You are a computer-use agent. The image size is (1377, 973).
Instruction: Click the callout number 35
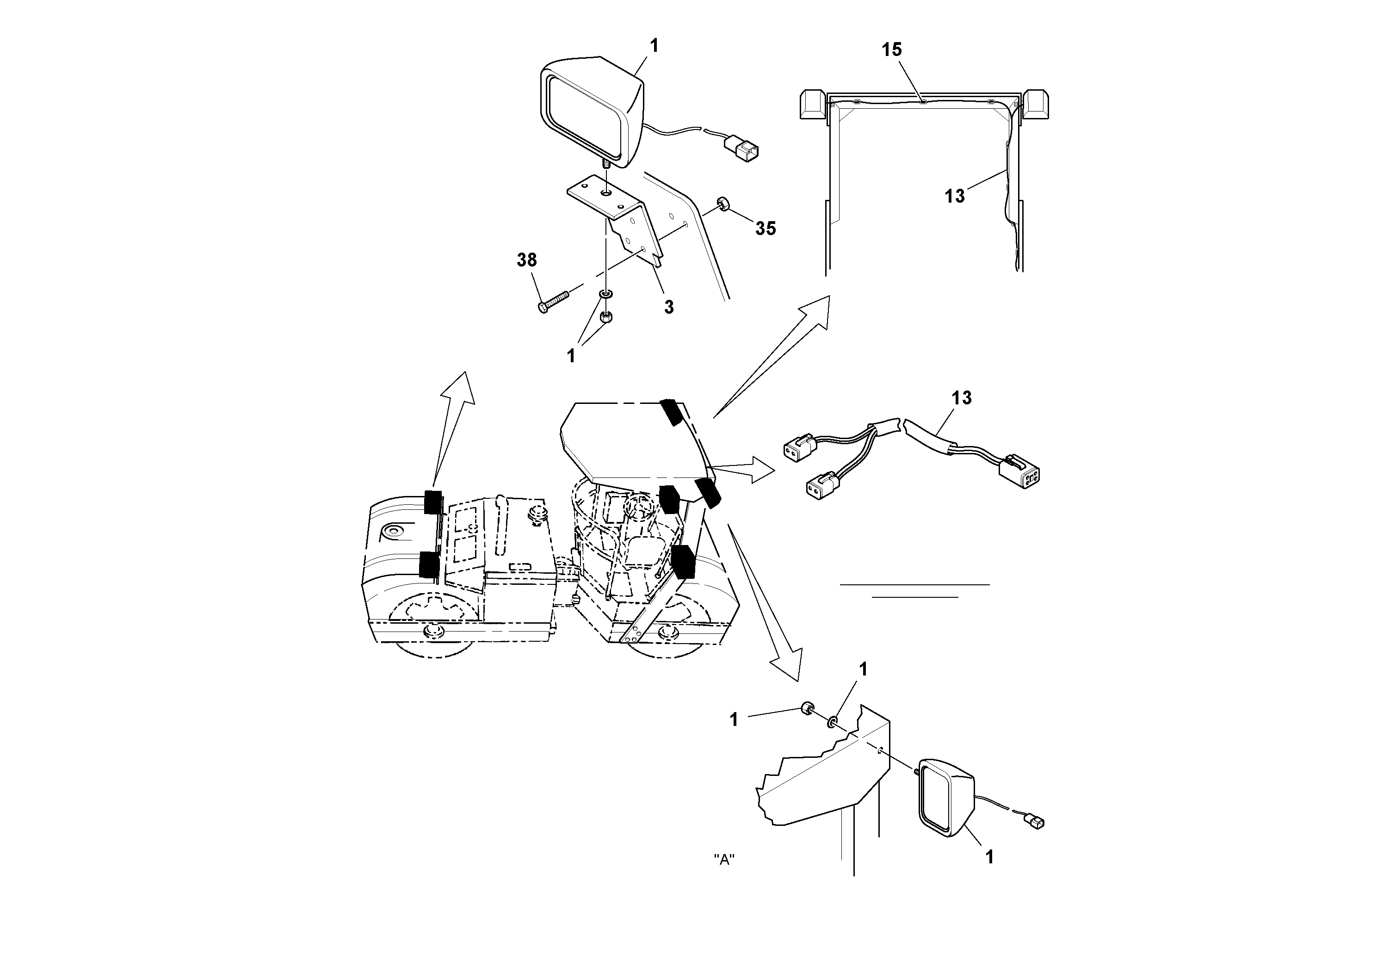(765, 228)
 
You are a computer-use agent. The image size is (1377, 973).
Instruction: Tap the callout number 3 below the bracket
(669, 307)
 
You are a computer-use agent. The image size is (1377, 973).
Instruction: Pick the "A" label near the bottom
(724, 860)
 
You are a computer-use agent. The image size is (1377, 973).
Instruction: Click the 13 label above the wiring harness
(961, 398)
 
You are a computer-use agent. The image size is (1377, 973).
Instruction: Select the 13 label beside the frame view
(954, 196)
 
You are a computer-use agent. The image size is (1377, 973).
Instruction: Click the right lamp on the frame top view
(1035, 105)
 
